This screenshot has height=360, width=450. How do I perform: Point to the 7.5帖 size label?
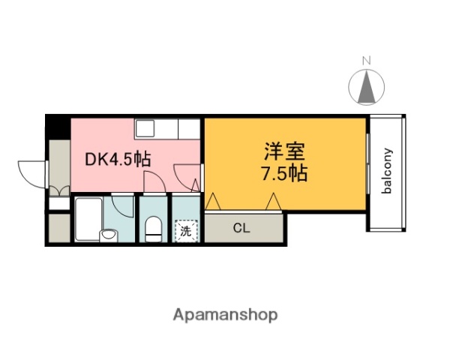pos(284,174)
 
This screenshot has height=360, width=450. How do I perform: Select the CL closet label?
pos(241,228)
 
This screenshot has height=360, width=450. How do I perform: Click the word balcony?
pos(388,172)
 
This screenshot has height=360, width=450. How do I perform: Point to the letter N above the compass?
pos(366,61)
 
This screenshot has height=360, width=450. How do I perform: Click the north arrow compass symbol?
pos(366,87)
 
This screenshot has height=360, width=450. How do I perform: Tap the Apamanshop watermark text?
pos(226,315)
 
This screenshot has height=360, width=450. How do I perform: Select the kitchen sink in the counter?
pos(145,127)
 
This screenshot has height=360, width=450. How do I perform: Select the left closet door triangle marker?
pos(213,201)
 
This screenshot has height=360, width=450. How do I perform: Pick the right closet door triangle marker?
pos(273,201)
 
